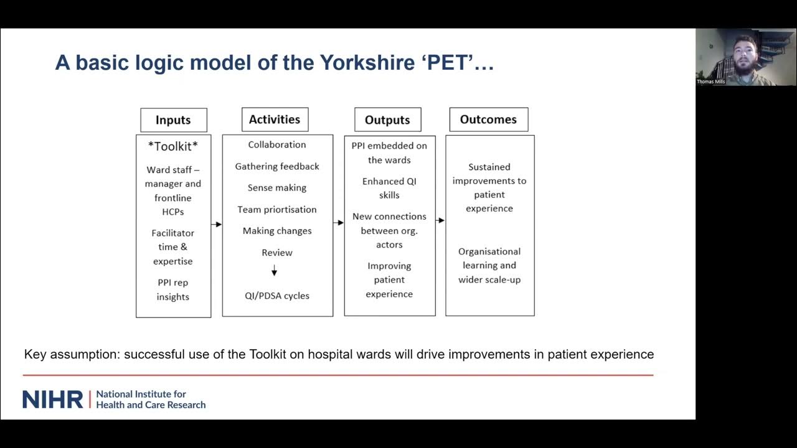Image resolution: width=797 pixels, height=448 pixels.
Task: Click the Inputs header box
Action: [x=173, y=120]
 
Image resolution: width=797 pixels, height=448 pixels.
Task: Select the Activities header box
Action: [x=275, y=119]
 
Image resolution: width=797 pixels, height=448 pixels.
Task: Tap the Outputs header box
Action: [x=387, y=120]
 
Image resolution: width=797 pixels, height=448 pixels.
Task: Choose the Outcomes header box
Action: [x=488, y=119]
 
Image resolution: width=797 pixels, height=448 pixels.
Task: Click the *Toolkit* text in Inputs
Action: [x=173, y=146]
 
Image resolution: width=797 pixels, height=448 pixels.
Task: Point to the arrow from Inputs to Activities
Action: [x=216, y=224]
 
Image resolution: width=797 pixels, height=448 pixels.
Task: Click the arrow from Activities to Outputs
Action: [x=338, y=222]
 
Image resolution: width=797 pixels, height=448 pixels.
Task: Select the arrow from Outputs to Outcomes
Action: [x=440, y=220]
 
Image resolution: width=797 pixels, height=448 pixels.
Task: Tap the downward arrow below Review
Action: [x=274, y=271]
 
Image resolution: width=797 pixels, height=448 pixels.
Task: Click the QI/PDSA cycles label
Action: [x=277, y=296]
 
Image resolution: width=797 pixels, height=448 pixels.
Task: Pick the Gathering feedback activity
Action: [x=277, y=166]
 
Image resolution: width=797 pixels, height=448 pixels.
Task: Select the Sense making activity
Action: [x=277, y=187]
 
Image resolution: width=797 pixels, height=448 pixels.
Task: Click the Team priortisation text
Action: [x=277, y=209]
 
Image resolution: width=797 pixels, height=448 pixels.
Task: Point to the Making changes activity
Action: [x=277, y=231]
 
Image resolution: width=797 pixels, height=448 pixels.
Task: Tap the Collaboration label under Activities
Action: [x=277, y=144]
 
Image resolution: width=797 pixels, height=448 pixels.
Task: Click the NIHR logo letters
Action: [x=52, y=399]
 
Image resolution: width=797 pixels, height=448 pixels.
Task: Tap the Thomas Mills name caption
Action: [x=711, y=82]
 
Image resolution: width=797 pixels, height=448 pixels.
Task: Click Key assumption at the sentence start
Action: [x=71, y=355]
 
